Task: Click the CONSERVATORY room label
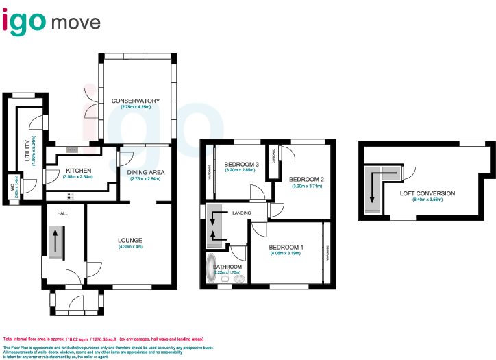pyautogui.click(x=135, y=101)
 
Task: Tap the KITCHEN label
pyautogui.click(x=79, y=171)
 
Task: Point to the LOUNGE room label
pyautogui.click(x=129, y=240)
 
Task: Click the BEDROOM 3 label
pyautogui.click(x=240, y=164)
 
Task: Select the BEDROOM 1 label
pyautogui.click(x=286, y=247)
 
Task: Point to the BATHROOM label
pyautogui.click(x=227, y=267)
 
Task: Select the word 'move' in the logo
pyautogui.click(x=75, y=22)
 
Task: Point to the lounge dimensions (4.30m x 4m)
pyautogui.click(x=129, y=246)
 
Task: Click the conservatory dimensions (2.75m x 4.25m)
pyautogui.click(x=135, y=107)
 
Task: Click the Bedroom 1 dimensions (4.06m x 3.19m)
pyautogui.click(x=286, y=253)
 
